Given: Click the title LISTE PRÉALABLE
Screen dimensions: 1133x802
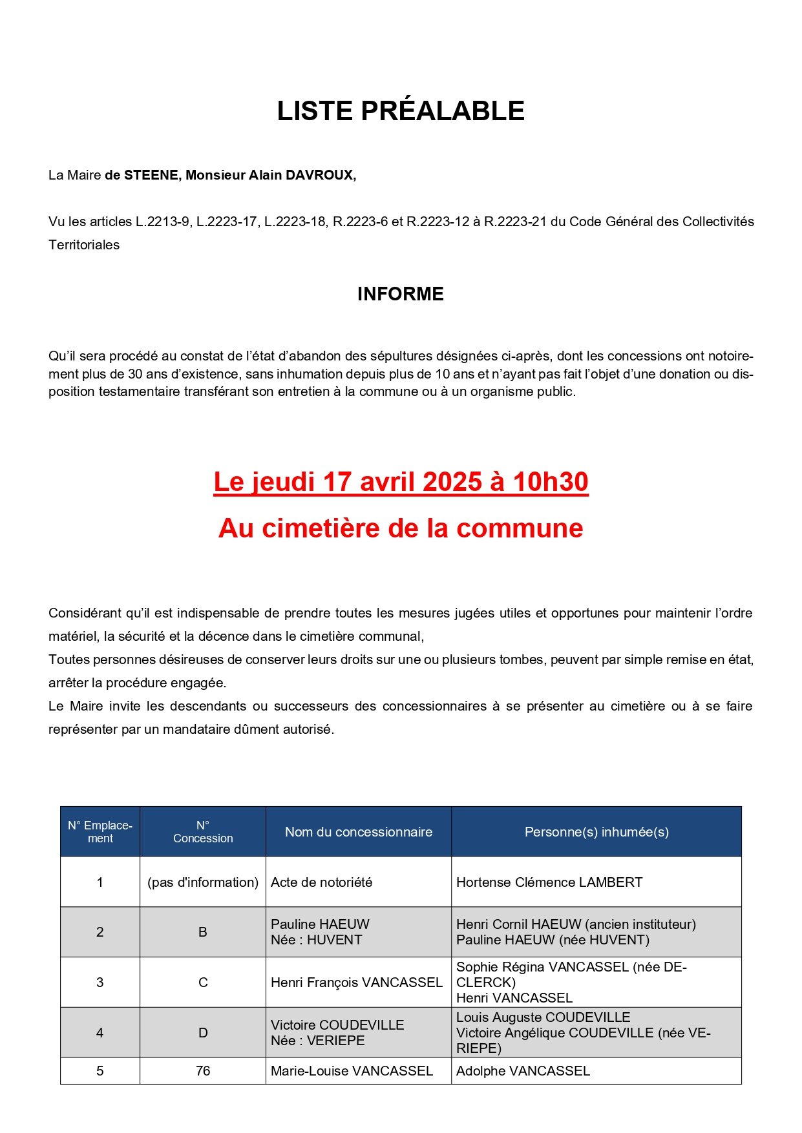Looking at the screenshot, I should click(401, 111).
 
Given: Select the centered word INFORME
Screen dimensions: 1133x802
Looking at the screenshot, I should click(401, 294).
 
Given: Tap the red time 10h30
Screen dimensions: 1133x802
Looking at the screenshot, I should click(550, 482).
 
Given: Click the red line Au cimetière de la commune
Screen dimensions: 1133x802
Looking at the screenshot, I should click(401, 528).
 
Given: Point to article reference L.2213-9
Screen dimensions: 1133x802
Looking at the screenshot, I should click(163, 222).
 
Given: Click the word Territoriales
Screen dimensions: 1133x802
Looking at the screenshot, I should click(84, 245).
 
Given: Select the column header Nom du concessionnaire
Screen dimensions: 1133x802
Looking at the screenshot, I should click(359, 832).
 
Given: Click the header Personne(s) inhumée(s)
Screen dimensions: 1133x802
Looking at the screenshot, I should click(596, 832).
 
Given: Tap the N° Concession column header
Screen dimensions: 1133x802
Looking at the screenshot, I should click(203, 832).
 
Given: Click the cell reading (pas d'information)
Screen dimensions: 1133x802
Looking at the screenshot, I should click(203, 882).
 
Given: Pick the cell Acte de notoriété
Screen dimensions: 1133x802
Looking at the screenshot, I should click(322, 882).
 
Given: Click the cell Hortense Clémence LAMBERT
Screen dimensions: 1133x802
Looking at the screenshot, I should click(549, 882).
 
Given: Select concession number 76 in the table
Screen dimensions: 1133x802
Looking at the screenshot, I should click(203, 1071).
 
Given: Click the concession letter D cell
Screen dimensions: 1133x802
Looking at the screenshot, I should click(203, 1033).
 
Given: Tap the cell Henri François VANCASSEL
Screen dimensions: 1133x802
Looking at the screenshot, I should click(357, 982).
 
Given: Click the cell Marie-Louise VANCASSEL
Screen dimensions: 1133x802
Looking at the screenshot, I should click(352, 1071).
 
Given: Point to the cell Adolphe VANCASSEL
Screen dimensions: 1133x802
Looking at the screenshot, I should click(523, 1071).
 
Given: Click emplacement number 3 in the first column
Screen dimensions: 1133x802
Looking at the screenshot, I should click(100, 982).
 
